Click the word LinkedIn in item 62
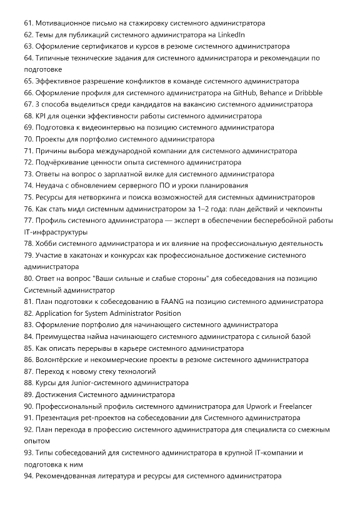click(x=230, y=34)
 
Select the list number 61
click(x=29, y=23)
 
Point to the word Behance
click(x=275, y=93)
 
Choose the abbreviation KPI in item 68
click(x=42, y=116)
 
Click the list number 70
click(x=29, y=139)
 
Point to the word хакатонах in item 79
click(x=84, y=255)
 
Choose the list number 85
click(x=29, y=348)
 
